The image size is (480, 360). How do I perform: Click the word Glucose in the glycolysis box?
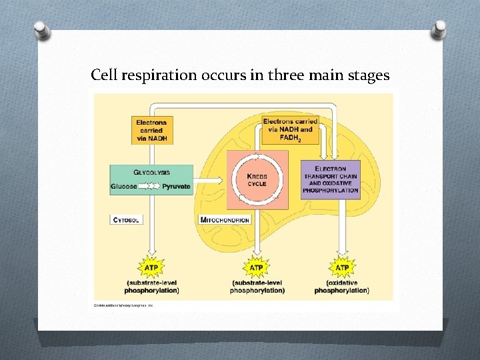point(124,187)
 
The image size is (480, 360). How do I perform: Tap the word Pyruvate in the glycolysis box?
point(176,187)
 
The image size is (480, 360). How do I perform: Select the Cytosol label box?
point(126,219)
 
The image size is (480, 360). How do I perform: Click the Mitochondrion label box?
point(225,219)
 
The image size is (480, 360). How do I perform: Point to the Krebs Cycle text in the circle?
point(257,179)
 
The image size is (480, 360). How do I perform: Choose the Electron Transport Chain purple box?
point(330,179)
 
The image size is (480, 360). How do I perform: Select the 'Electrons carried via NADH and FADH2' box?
point(290,129)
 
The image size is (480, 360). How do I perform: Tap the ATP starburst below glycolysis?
point(152,267)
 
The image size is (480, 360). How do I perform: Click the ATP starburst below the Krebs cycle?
point(256,267)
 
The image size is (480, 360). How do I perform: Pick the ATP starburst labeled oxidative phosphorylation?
point(341,267)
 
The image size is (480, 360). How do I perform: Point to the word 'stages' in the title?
point(368,76)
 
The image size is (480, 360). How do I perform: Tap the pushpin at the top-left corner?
point(41,31)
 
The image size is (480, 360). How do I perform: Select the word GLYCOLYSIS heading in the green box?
point(151,172)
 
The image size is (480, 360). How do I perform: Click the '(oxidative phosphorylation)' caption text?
point(341,287)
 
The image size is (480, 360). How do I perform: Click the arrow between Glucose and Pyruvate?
point(150,187)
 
